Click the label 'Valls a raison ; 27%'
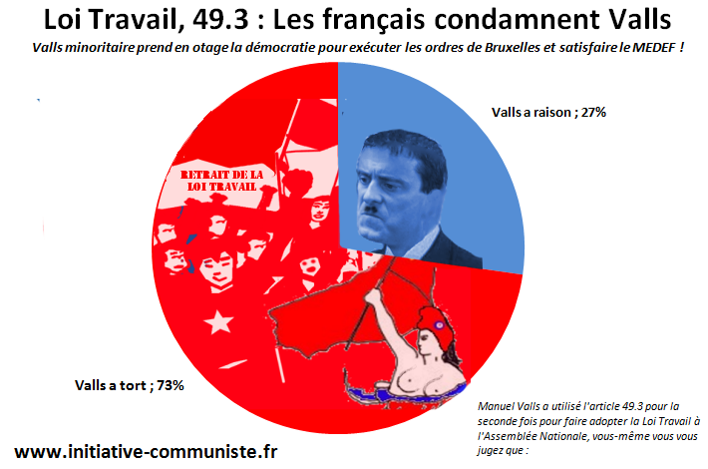(549, 113)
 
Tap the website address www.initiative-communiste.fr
(146, 451)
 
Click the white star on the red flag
(214, 321)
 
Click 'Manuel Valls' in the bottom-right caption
(504, 407)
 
